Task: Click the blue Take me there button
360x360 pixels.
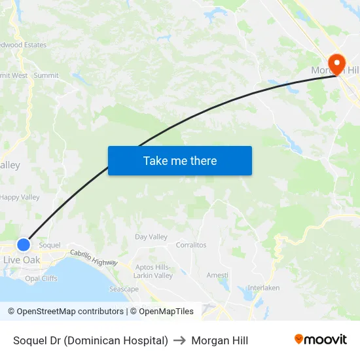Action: [179, 160]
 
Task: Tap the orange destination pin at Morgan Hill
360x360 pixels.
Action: [337, 64]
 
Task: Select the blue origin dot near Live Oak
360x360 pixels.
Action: [24, 245]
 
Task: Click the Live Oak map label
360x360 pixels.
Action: [22, 260]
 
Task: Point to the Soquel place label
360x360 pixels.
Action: [50, 245]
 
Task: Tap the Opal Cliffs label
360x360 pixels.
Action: [41, 278]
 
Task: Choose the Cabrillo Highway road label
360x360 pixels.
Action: [94, 257]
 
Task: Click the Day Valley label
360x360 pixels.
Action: [151, 237]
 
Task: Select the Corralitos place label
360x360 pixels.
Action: [191, 245]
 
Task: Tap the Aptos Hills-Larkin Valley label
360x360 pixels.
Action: [153, 272]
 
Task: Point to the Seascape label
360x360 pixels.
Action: [124, 289]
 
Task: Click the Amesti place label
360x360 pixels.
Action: [217, 276]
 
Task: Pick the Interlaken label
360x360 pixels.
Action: [264, 288]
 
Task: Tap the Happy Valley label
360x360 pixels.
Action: [20, 197]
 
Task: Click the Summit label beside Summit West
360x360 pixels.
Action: [46, 75]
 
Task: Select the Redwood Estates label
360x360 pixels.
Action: [24, 45]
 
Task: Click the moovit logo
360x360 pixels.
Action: [321, 340]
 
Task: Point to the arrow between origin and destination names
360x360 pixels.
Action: [179, 340]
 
